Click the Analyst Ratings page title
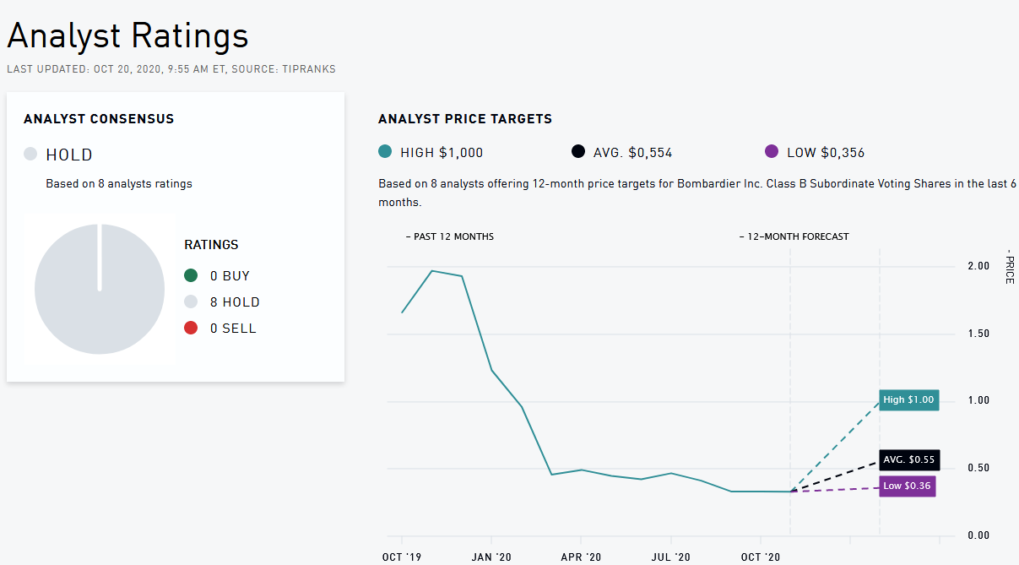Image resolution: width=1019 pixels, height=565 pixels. click(x=128, y=36)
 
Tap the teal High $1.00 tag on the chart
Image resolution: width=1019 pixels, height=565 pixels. click(x=908, y=399)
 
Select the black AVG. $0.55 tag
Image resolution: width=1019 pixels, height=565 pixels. click(x=908, y=459)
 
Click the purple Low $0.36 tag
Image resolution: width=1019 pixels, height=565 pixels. click(x=908, y=486)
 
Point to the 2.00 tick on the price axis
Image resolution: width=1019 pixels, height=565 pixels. click(x=978, y=266)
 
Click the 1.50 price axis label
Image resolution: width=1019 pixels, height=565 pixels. click(x=978, y=334)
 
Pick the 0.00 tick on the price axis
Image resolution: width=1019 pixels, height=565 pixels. click(x=978, y=535)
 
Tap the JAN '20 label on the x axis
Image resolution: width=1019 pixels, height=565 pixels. click(x=491, y=557)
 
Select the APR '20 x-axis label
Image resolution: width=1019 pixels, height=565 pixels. click(x=580, y=557)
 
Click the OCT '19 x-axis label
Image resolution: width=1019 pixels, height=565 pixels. click(x=401, y=557)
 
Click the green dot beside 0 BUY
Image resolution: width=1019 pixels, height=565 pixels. click(x=191, y=275)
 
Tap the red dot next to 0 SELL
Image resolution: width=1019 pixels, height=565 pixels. click(x=191, y=328)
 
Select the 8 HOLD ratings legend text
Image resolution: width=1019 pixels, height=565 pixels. click(x=235, y=302)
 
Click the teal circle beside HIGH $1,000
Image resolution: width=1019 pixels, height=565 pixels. click(x=386, y=152)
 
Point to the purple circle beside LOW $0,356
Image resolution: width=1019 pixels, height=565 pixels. click(x=771, y=152)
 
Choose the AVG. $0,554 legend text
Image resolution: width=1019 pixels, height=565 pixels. click(x=632, y=153)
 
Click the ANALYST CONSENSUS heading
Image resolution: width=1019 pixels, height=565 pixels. click(x=99, y=119)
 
